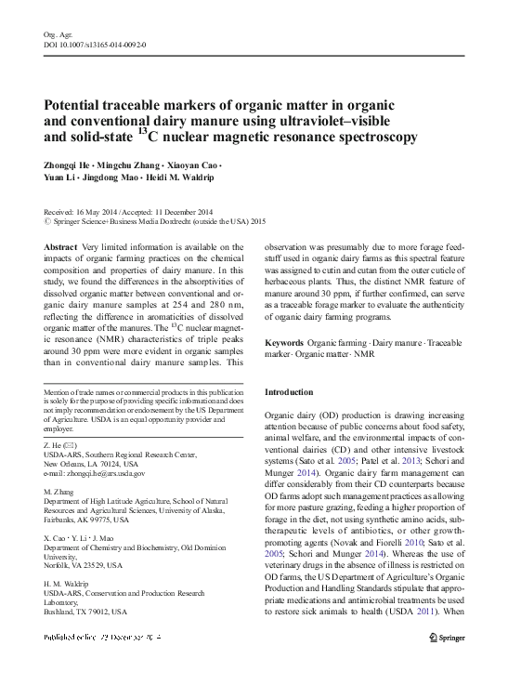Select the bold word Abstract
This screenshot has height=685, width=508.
[60, 247]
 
